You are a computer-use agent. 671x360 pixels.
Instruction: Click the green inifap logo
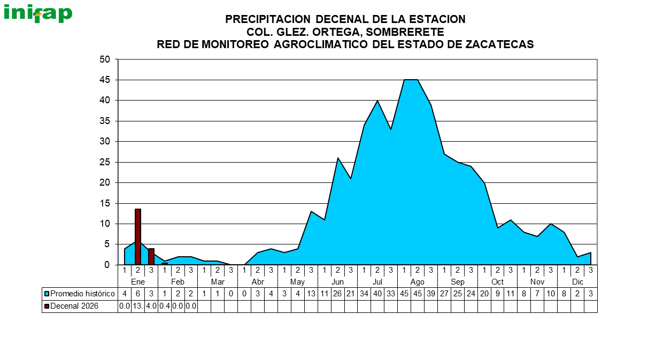click(38, 13)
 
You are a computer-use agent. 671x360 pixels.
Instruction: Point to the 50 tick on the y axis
click(105, 59)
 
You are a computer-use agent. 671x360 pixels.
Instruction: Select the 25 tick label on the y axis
click(105, 162)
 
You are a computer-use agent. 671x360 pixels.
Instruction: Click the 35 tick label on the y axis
click(105, 121)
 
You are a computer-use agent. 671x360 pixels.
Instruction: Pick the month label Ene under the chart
click(138, 282)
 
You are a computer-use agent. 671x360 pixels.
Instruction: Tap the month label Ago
click(418, 282)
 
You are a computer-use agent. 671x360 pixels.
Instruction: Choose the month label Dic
click(577, 282)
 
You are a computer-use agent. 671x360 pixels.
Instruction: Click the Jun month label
click(337, 282)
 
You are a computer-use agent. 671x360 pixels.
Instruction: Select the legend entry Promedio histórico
click(82, 294)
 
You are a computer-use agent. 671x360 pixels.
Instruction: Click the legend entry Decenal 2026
click(74, 306)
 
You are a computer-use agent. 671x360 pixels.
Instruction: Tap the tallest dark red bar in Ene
click(138, 236)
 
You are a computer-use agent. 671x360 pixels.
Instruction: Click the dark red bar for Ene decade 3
click(151, 256)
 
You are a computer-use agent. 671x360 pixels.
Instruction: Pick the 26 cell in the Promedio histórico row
click(337, 294)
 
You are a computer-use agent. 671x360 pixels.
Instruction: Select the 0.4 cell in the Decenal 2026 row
click(164, 306)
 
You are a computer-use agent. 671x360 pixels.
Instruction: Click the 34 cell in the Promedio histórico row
click(364, 294)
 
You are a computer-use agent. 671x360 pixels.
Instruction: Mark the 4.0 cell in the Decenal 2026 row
click(151, 306)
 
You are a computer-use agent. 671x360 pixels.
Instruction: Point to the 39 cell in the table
click(431, 294)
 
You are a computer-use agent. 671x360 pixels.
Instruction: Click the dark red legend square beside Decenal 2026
click(47, 306)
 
